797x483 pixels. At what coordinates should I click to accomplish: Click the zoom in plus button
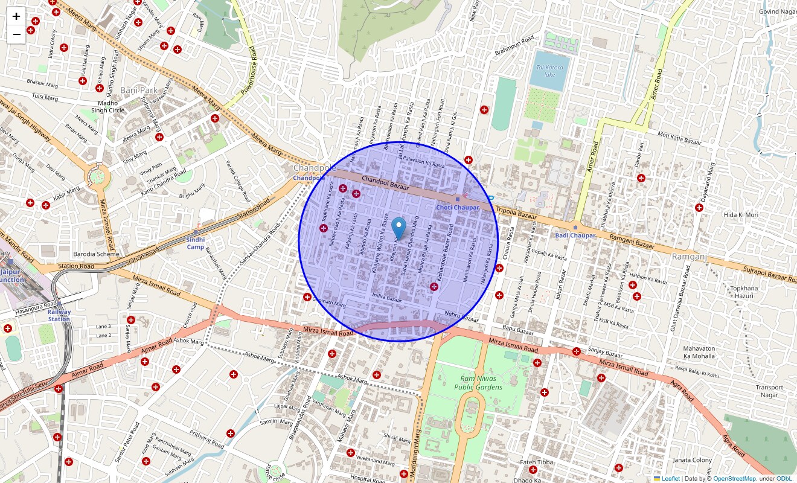point(16,16)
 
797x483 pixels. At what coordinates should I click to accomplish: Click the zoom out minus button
point(16,34)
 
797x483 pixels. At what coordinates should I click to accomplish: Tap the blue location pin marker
point(398,228)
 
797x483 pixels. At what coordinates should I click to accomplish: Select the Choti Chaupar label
point(458,207)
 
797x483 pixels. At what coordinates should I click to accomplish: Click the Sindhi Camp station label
point(196,243)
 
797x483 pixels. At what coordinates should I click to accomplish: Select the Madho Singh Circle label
point(107,106)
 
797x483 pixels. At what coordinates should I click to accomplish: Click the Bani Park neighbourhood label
point(139,90)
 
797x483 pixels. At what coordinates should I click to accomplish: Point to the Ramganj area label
point(689,257)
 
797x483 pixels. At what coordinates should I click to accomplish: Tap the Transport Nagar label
point(769,391)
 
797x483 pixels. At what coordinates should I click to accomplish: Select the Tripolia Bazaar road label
point(516,213)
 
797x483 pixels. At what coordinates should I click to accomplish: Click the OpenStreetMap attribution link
point(734,479)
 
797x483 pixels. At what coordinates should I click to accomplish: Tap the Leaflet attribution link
point(670,479)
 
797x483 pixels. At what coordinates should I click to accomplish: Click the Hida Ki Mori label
point(741,215)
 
